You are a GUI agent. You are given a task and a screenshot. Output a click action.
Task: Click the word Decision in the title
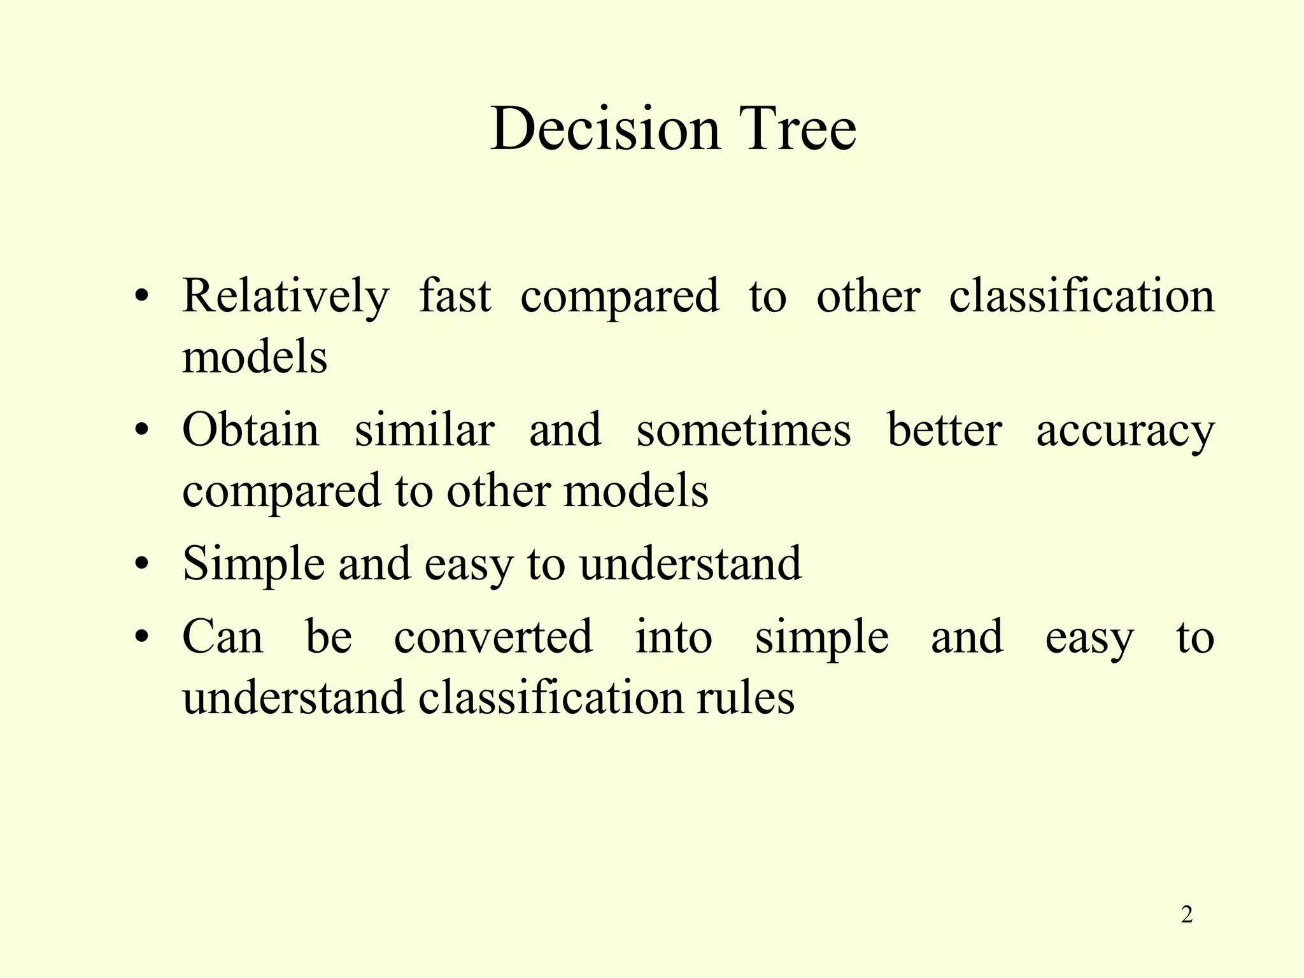click(x=606, y=129)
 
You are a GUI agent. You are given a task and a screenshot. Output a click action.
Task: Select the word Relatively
click(x=285, y=297)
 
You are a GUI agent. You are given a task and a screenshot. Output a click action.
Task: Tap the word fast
click(x=455, y=297)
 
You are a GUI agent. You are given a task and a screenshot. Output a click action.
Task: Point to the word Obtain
click(x=250, y=430)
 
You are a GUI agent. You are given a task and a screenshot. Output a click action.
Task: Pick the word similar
click(x=424, y=430)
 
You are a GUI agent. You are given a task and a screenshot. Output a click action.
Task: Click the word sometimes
click(x=743, y=431)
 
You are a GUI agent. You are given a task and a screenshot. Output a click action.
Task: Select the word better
click(x=944, y=430)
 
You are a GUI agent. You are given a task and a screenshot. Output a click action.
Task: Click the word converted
click(x=493, y=636)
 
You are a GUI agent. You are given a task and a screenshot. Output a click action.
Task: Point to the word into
click(x=674, y=636)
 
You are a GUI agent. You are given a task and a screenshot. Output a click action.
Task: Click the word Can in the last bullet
click(x=222, y=637)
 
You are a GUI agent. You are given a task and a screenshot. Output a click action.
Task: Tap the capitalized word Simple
click(x=253, y=565)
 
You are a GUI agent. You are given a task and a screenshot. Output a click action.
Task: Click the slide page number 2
click(x=1186, y=916)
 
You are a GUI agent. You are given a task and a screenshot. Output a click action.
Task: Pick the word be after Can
click(x=329, y=636)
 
